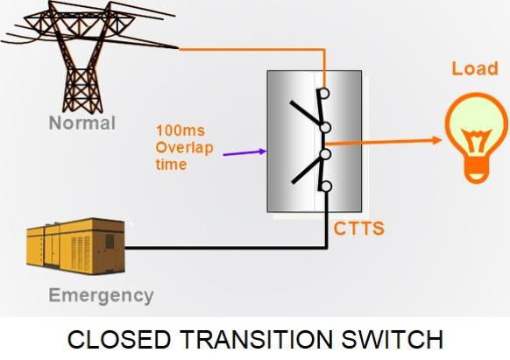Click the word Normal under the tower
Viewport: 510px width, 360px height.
pyautogui.click(x=82, y=123)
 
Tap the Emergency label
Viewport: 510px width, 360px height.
pyautogui.click(x=101, y=296)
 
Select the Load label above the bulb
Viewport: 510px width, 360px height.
pyautogui.click(x=475, y=68)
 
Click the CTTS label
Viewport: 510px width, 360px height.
pyautogui.click(x=358, y=229)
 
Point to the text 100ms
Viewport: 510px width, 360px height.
pyautogui.click(x=181, y=131)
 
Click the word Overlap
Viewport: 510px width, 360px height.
pyautogui.click(x=184, y=148)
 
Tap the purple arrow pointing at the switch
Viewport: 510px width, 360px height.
pyautogui.click(x=244, y=152)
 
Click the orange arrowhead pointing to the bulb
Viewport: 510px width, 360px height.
pyautogui.click(x=436, y=140)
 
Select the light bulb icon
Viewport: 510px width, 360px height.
pyautogui.click(x=476, y=138)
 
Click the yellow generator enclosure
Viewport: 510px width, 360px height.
pyautogui.click(x=75, y=246)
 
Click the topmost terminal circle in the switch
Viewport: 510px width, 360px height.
pyautogui.click(x=324, y=94)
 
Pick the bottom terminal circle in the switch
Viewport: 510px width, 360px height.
pyautogui.click(x=326, y=187)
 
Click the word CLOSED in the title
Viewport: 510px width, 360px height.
pyautogui.click(x=119, y=339)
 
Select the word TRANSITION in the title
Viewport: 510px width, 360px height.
pyautogui.click(x=256, y=339)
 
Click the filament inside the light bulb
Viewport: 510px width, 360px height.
pyautogui.click(x=476, y=141)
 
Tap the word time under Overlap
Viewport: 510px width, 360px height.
pyautogui.click(x=171, y=164)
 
